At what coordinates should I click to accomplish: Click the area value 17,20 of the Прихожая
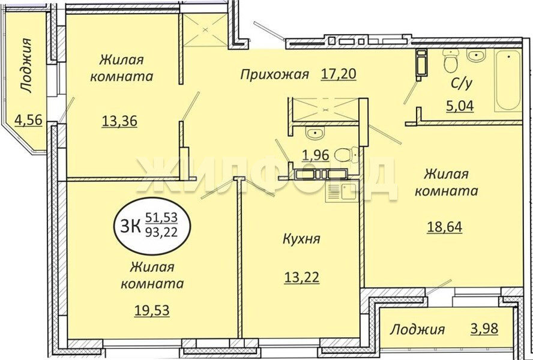[x=338, y=74]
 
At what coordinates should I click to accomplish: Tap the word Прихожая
[x=275, y=74]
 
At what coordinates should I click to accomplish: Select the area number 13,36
[x=119, y=121]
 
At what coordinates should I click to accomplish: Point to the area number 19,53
[x=152, y=310]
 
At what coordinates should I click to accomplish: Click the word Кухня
[x=301, y=239]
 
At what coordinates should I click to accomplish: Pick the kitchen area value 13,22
[x=302, y=277]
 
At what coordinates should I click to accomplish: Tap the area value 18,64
[x=445, y=227]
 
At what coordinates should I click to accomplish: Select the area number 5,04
[x=460, y=106]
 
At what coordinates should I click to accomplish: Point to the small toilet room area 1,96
[x=316, y=155]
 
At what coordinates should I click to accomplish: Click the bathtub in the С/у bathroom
[x=508, y=80]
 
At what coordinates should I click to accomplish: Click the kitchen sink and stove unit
[x=342, y=191]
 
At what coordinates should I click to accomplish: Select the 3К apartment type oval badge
[x=152, y=226]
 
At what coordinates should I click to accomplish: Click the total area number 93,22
[x=161, y=233]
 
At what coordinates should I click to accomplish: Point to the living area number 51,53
[x=162, y=217]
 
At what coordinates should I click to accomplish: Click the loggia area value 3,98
[x=484, y=328]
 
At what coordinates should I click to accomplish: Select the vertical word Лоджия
[x=26, y=65]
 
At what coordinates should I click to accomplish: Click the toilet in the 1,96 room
[x=346, y=155]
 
